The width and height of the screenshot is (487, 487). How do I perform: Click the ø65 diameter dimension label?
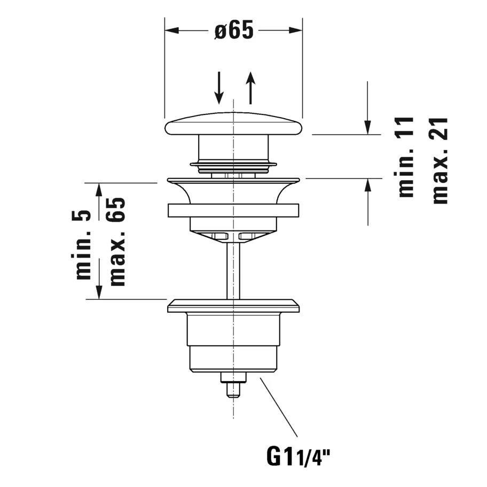tap(234, 30)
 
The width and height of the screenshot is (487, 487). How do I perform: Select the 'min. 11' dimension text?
tap(406, 157)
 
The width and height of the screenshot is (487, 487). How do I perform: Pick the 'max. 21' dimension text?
tap(440, 160)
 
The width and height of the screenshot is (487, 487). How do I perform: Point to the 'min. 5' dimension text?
tap(83, 244)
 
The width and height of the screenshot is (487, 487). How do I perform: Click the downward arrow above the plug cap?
tap(219, 88)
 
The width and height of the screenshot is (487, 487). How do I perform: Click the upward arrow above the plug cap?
tap(250, 88)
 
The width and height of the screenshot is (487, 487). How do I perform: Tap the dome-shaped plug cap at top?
tap(233, 124)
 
